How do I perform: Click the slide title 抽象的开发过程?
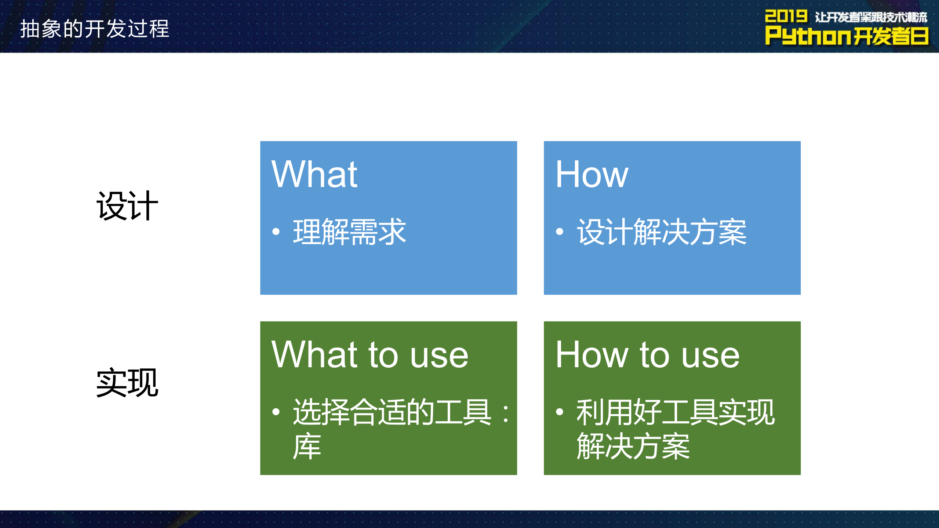94,29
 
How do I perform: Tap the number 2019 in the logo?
785,16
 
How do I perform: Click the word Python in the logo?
808,36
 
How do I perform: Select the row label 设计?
127,206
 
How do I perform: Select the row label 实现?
127,383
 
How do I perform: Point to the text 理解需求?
349,232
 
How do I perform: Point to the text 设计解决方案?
662,232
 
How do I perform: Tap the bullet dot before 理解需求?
276,232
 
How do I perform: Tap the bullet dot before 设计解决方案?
559,232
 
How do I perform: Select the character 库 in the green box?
307,446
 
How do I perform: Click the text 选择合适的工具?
392,412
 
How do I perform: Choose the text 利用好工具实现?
675,412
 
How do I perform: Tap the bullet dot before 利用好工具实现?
559,412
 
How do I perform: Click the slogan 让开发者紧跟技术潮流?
871,17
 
